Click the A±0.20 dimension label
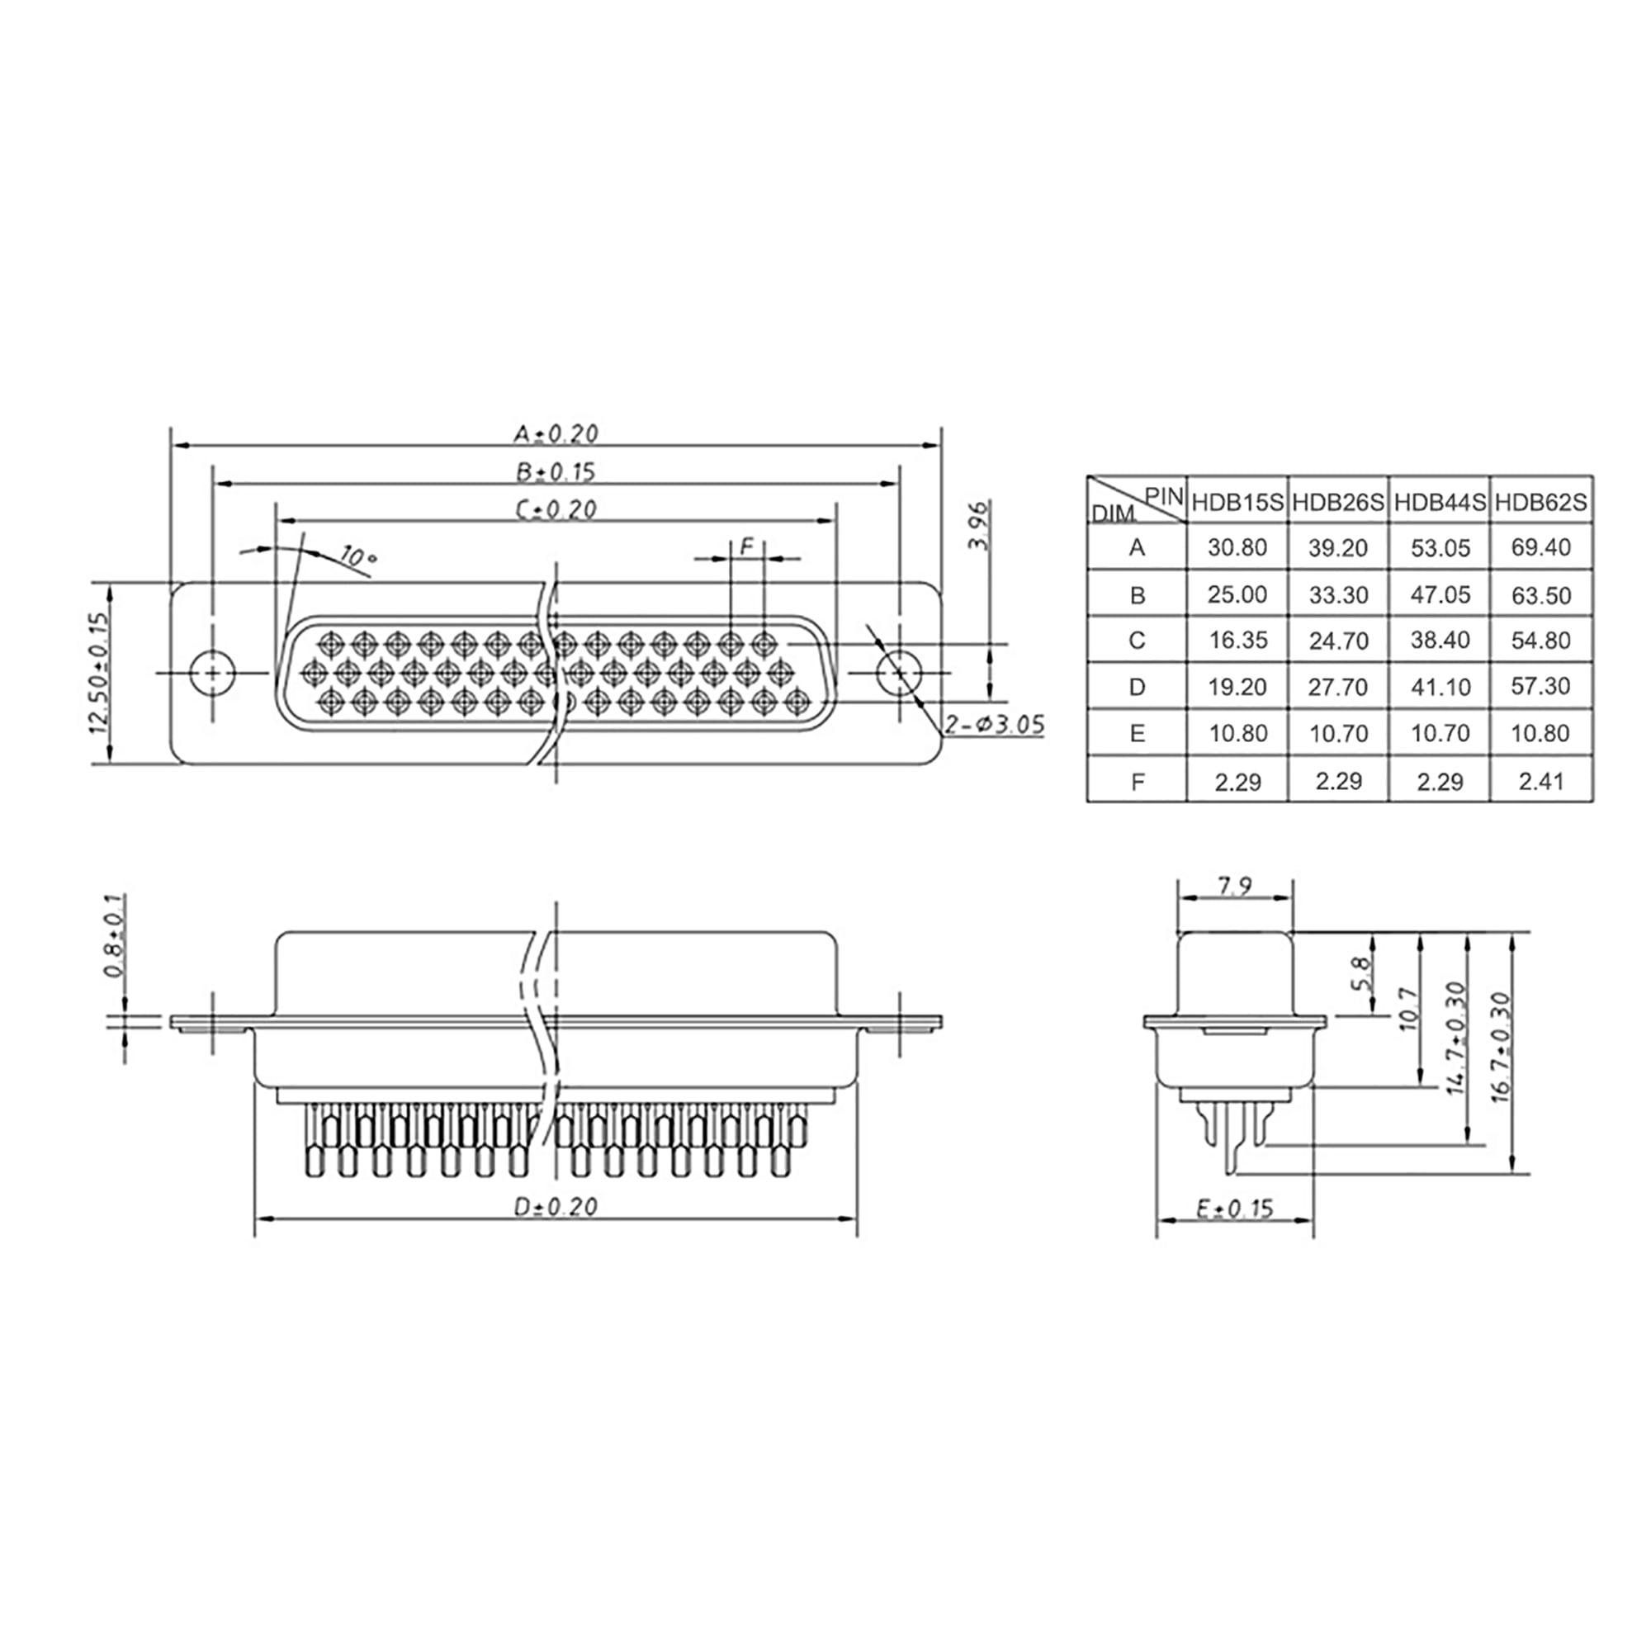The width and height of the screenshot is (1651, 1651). (x=556, y=433)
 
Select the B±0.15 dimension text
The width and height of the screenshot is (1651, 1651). (x=556, y=471)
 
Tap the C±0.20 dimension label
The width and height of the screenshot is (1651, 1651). (x=556, y=509)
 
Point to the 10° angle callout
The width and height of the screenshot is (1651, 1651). (x=357, y=556)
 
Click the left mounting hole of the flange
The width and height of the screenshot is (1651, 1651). (x=212, y=674)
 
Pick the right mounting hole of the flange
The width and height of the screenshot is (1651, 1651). (x=899, y=674)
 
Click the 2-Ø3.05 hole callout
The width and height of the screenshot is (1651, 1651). (x=994, y=725)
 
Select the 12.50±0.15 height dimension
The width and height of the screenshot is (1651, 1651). (x=99, y=674)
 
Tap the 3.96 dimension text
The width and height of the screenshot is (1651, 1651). (x=980, y=526)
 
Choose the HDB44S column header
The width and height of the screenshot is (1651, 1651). (x=1439, y=503)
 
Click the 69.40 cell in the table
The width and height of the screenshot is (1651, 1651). (x=1540, y=547)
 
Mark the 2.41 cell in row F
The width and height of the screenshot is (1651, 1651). (x=1540, y=780)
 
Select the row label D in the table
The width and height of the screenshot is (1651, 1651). (x=1137, y=686)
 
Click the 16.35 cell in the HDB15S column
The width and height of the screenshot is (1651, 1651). (x=1237, y=640)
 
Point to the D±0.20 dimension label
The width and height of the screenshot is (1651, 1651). (x=556, y=1207)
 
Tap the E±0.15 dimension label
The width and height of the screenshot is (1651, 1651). (x=1235, y=1209)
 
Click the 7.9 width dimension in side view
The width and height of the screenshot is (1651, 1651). (x=1234, y=886)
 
